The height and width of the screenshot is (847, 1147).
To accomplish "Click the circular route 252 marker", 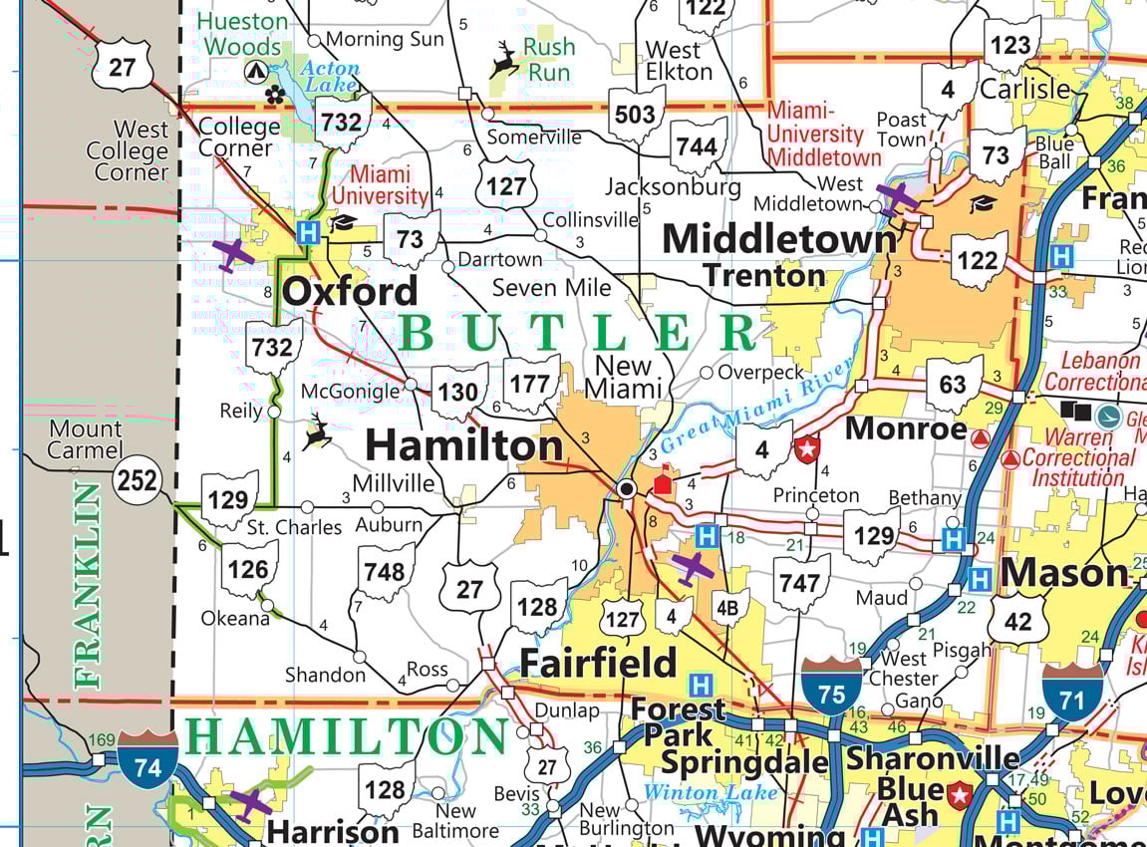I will [136, 480].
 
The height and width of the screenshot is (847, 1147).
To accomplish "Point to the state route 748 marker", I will [385, 572].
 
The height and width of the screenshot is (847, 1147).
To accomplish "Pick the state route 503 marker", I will [635, 115].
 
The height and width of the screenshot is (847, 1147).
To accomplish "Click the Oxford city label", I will [351, 291].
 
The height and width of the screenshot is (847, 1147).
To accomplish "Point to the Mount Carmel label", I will [86, 439].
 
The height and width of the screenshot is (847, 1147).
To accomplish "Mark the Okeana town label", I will [235, 618].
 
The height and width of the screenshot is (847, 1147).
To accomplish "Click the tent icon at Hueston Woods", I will [256, 71].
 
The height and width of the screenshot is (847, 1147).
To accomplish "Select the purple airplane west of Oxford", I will [233, 254].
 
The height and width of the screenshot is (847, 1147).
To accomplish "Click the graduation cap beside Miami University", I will [344, 222].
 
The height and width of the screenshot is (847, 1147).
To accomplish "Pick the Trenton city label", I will [763, 275].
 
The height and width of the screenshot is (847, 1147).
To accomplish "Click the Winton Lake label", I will [710, 793].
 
